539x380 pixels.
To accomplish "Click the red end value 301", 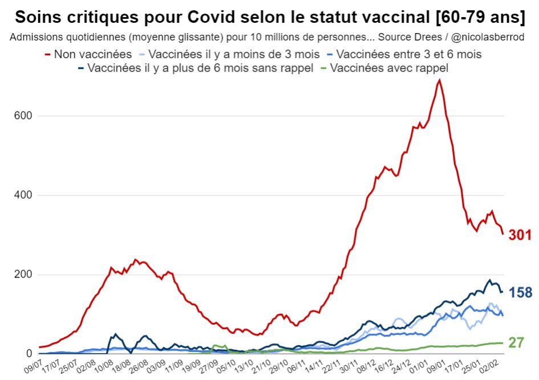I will (520, 235).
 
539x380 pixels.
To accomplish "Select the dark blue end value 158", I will (520, 293).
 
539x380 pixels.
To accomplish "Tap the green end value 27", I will (516, 342).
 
